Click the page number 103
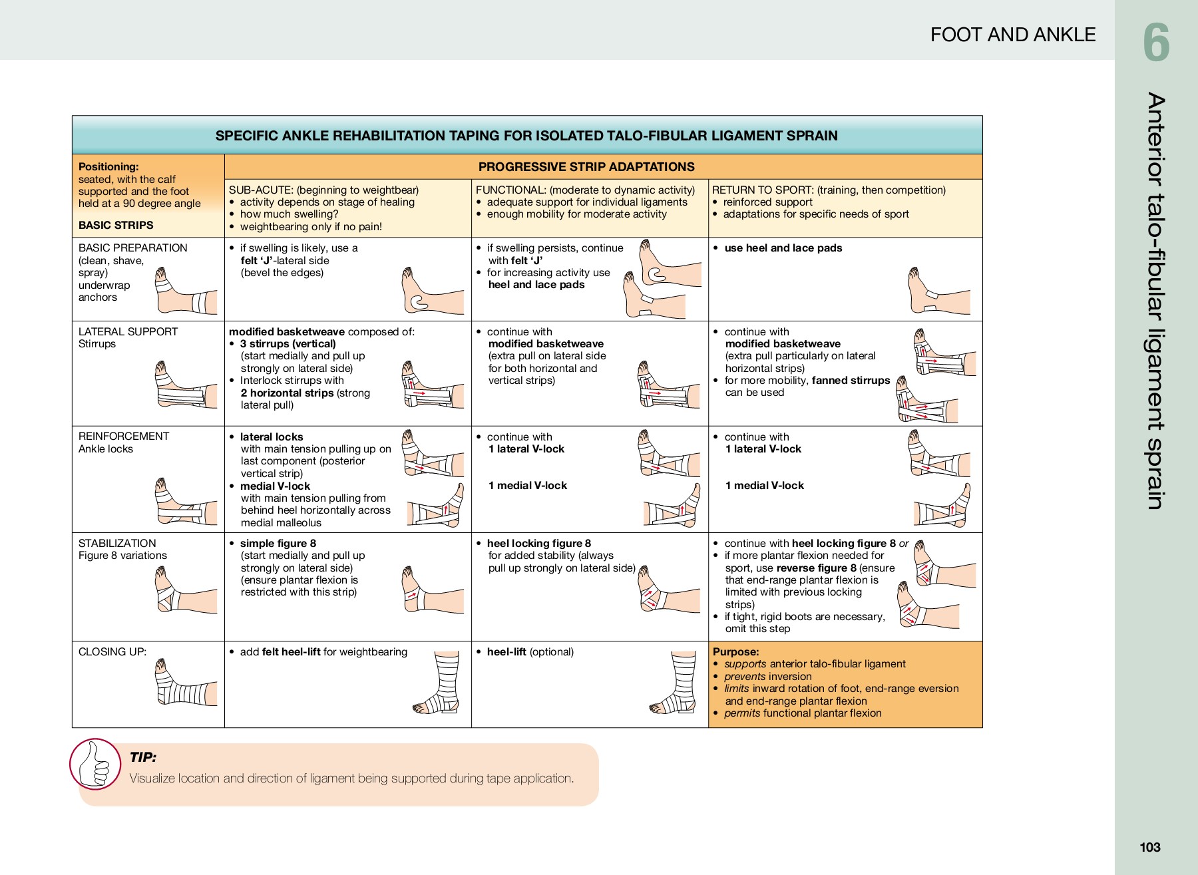point(1149,847)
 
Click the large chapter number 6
point(1156,43)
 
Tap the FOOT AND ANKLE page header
point(1012,35)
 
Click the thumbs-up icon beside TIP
point(95,764)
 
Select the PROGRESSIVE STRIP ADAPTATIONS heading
point(586,167)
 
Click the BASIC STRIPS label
point(116,225)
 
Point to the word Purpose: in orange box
point(735,652)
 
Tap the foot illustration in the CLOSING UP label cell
point(185,683)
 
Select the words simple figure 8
point(278,544)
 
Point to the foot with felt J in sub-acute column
point(431,293)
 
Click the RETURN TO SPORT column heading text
point(829,190)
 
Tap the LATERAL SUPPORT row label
point(128,332)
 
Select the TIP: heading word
point(143,757)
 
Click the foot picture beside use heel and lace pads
point(937,291)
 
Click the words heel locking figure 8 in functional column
point(538,544)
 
